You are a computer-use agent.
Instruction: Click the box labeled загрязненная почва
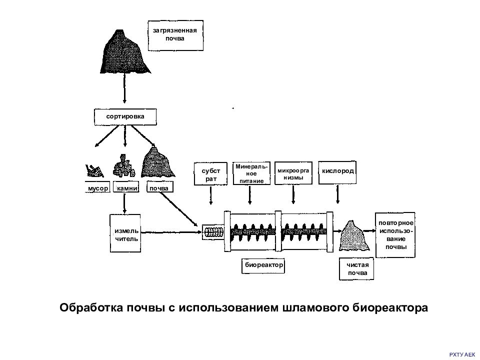click(175, 35)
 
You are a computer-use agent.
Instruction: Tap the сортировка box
click(125, 116)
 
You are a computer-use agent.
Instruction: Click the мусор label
click(97, 187)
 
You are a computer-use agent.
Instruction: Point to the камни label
click(126, 187)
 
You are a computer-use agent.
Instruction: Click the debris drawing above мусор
click(94, 171)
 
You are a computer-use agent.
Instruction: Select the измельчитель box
click(125, 233)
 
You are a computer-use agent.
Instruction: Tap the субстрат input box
click(210, 174)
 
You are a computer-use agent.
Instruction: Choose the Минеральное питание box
click(251, 173)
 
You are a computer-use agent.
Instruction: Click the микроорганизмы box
click(293, 173)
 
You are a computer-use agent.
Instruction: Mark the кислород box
click(337, 172)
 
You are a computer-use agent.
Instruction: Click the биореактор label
click(263, 265)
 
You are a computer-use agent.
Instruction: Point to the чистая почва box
click(356, 269)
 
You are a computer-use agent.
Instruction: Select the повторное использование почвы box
click(395, 235)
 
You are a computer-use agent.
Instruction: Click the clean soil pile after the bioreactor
click(353, 235)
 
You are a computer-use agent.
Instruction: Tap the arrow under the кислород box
click(337, 194)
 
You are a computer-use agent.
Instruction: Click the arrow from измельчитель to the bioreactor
click(171, 232)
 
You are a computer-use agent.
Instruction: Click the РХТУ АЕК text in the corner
click(462, 354)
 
